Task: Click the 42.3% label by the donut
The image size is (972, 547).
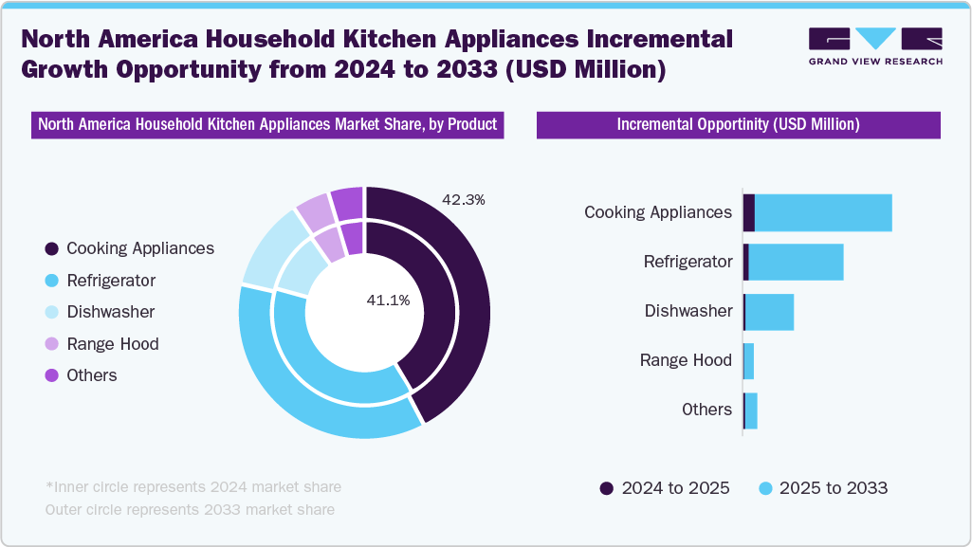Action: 464,200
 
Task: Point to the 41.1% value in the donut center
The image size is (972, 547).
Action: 388,301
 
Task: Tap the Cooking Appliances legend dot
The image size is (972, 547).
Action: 51,248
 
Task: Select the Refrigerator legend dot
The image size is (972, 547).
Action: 51,281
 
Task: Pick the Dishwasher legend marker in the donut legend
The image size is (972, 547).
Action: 51,312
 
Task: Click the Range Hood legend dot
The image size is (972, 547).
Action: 51,344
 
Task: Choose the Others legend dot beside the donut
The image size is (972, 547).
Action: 51,375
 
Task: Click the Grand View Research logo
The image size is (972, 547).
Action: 875,46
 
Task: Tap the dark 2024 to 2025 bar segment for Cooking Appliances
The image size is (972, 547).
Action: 749,212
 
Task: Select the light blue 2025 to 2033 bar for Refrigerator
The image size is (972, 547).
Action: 796,262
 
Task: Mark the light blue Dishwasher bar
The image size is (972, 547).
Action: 769,311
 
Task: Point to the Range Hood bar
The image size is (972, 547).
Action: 749,360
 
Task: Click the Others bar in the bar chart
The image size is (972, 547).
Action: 751,410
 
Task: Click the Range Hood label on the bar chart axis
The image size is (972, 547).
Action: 686,360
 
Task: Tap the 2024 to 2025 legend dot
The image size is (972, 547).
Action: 607,488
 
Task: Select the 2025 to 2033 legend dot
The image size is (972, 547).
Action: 764,488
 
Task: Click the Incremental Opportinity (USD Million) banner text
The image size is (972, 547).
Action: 738,125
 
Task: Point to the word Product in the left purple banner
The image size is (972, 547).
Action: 470,125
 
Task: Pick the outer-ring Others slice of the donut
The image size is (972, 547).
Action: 347,201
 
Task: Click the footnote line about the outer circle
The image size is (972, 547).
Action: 190,510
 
